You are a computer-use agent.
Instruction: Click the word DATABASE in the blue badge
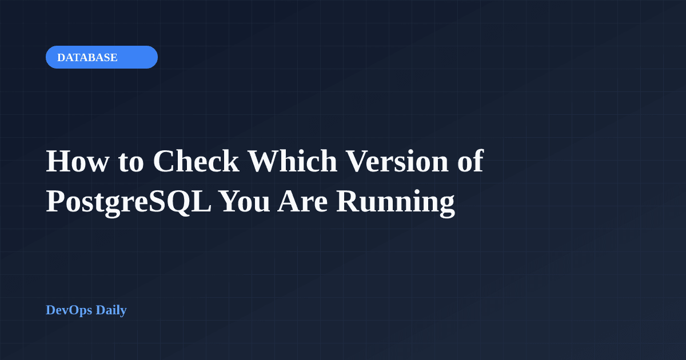87,57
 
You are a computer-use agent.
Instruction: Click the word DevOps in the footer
69,310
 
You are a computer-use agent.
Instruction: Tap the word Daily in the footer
111,310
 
